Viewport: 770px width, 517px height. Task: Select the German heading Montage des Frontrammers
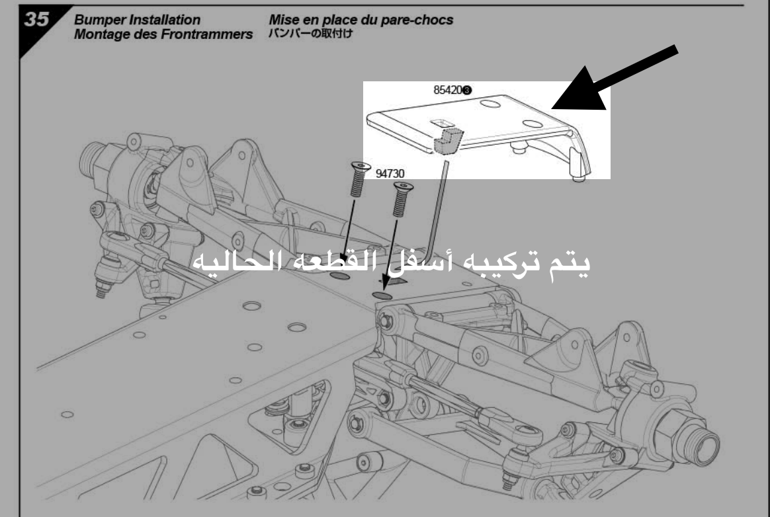pos(165,34)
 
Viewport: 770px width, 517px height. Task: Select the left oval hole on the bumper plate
pos(490,104)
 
